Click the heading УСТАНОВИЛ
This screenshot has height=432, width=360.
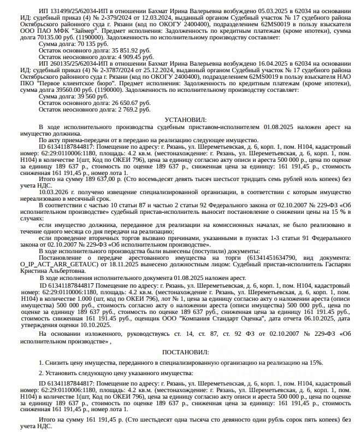pos(186,119)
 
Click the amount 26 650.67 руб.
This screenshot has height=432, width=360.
pos(125,103)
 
